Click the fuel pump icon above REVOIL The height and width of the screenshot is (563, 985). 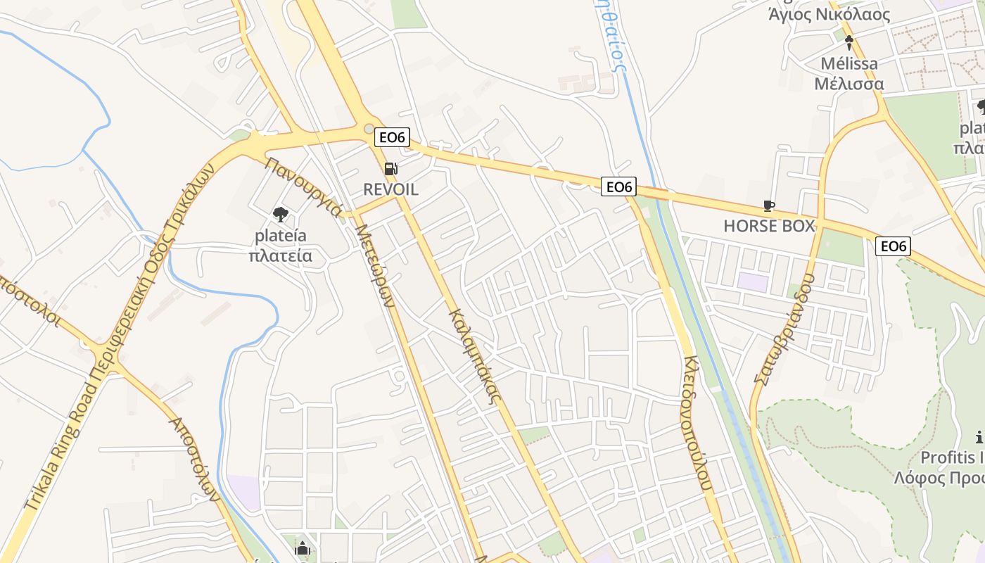point(390,169)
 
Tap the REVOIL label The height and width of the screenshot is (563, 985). point(390,189)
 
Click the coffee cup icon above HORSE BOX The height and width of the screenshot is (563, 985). point(769,206)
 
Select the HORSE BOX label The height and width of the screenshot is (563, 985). point(769,226)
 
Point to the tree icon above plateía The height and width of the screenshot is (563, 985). point(280,215)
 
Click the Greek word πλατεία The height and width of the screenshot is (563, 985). point(280,255)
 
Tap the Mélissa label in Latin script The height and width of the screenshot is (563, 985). point(849,64)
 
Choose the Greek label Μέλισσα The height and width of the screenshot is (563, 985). point(849,84)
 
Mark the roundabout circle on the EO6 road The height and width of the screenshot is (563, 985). point(369,129)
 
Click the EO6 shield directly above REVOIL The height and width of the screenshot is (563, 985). point(392,137)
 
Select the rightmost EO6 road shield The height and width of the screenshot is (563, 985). point(893,246)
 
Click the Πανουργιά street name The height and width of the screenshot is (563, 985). point(303,188)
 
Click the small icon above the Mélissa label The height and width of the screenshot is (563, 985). point(849,42)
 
